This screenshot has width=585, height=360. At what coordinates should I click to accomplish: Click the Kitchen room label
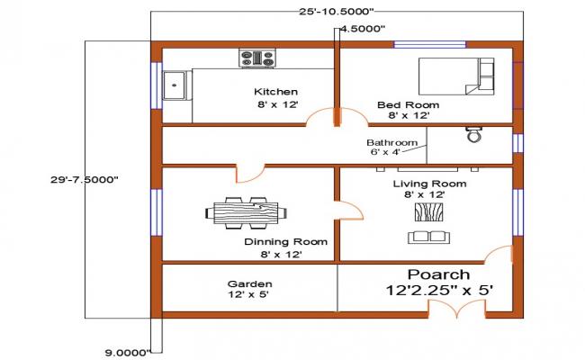(275, 92)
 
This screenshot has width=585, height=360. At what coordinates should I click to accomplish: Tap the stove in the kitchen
(256, 58)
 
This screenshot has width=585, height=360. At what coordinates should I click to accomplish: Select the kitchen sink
(175, 86)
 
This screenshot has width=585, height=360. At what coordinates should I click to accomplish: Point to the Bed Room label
(402, 104)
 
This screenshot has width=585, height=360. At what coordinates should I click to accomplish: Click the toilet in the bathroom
(473, 136)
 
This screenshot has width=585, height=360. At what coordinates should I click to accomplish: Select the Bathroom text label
(391, 143)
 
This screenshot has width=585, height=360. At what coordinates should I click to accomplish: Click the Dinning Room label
(285, 242)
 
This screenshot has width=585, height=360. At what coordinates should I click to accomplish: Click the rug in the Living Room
(428, 212)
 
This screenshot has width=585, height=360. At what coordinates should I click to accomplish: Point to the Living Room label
(429, 184)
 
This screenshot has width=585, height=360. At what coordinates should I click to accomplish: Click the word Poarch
(438, 274)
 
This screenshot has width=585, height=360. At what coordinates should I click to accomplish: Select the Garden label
(250, 283)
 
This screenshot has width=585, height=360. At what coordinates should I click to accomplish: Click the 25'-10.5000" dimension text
(336, 9)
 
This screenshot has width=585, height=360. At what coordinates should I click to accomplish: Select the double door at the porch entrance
(456, 308)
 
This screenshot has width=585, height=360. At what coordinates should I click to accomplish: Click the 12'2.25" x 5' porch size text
(438, 291)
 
